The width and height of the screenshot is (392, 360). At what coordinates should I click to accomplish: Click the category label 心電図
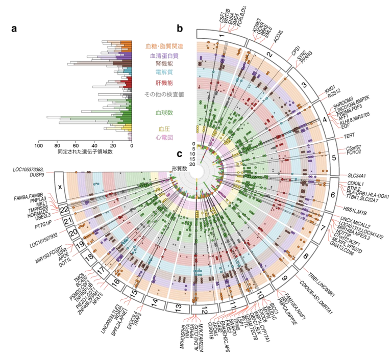tap(163, 138)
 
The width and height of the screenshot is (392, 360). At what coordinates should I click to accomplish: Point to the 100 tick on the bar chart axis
tap(38, 146)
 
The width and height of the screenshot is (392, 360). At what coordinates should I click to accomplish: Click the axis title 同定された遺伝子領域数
tap(85, 152)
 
